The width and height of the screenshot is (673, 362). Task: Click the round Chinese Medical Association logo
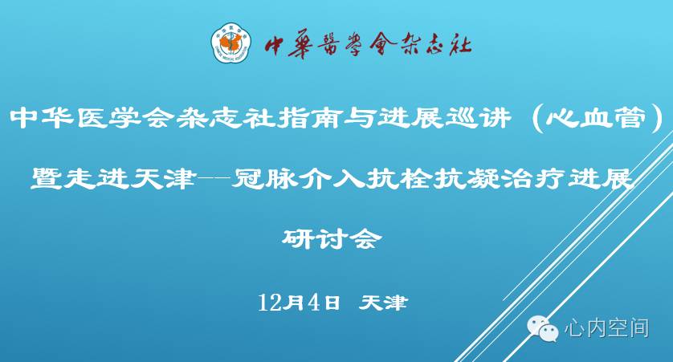coord(231,43)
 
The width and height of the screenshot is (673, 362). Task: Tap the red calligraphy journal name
coord(368,45)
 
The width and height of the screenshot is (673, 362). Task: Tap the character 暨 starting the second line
coord(46,178)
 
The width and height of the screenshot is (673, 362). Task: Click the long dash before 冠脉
coord(213,178)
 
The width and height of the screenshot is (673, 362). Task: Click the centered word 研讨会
coord(332,238)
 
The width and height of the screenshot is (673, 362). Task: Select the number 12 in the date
coord(270,303)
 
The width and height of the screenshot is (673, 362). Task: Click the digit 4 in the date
coord(315,303)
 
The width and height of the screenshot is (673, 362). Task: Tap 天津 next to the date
coord(382,303)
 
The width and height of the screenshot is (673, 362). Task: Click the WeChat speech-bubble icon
coord(543,328)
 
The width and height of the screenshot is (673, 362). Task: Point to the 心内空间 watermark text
coord(606,328)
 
